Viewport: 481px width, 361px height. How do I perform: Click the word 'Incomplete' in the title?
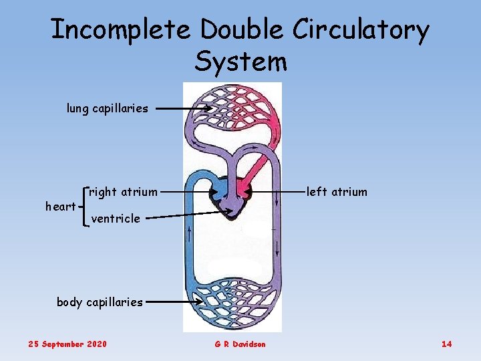[122, 30]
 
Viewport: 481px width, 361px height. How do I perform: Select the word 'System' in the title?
[240, 61]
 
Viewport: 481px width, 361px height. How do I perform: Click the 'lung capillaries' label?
[108, 108]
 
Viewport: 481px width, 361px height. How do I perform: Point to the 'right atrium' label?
[124, 193]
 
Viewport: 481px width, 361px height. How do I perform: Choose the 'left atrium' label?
[337, 193]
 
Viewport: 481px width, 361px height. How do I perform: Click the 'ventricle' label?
[116, 219]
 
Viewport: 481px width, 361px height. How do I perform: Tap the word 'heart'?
[60, 207]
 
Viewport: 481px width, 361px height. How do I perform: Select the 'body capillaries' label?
[100, 302]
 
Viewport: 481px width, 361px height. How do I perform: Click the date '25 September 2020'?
[67, 344]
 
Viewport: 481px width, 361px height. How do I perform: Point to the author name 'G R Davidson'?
[240, 344]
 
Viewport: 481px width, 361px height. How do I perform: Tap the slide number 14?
[446, 344]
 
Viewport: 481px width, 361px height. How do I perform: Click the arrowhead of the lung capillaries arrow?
[208, 108]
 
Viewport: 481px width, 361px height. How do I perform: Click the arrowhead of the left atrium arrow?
[248, 193]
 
